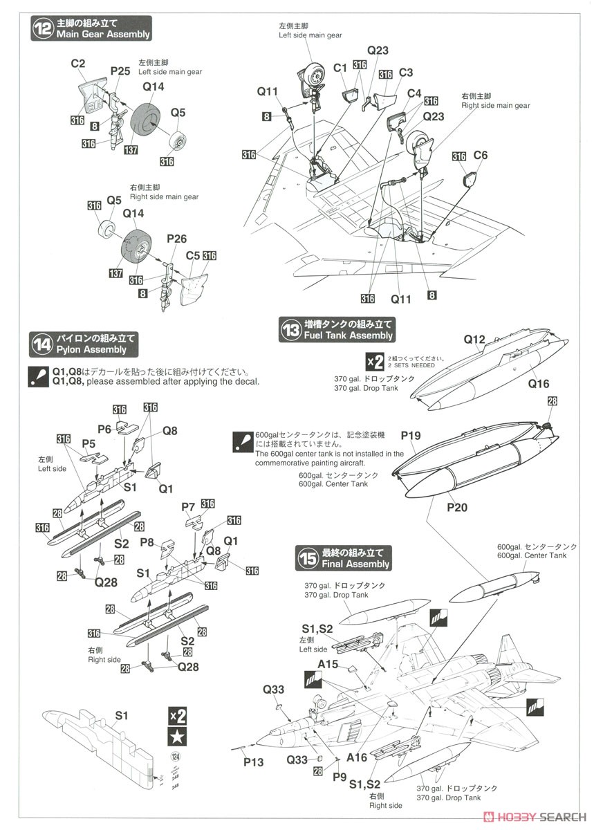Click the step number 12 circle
pos(43,28)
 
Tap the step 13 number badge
pos(290,329)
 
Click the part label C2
pos(78,64)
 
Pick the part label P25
pos(120,71)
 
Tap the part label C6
pos(480,156)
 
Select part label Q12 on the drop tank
pos(474,340)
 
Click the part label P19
pos(410,435)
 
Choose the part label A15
pos(328,665)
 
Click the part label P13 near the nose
pos(254,762)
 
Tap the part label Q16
pos(539,384)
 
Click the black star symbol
pos(177,735)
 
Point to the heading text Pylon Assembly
pos(96,350)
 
